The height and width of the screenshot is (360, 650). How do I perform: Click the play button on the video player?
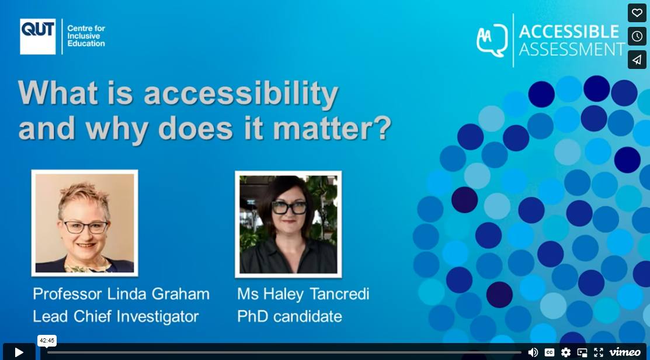click(19, 352)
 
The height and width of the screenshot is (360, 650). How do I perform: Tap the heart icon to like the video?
click(637, 13)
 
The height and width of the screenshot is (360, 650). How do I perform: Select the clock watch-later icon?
click(637, 36)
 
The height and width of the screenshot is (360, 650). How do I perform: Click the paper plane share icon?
click(637, 60)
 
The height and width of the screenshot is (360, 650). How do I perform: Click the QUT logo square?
click(37, 36)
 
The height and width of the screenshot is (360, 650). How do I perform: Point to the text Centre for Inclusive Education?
click(86, 36)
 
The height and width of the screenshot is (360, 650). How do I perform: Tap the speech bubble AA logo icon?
click(491, 40)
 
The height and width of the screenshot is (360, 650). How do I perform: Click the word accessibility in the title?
click(241, 93)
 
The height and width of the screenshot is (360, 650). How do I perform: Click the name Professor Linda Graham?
click(121, 293)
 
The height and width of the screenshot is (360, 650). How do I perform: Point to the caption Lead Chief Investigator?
click(116, 316)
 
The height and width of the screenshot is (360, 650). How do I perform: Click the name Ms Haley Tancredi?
click(303, 293)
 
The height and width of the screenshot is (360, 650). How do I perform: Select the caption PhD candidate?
click(289, 316)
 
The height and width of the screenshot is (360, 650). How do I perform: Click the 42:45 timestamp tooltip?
click(47, 340)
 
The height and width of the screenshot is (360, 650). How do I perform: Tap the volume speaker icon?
click(533, 352)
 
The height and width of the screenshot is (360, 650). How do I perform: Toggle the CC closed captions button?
click(549, 352)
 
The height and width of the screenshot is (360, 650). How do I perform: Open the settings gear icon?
click(565, 352)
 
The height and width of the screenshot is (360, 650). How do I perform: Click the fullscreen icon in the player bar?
click(598, 352)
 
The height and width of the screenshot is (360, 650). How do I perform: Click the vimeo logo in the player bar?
click(625, 352)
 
